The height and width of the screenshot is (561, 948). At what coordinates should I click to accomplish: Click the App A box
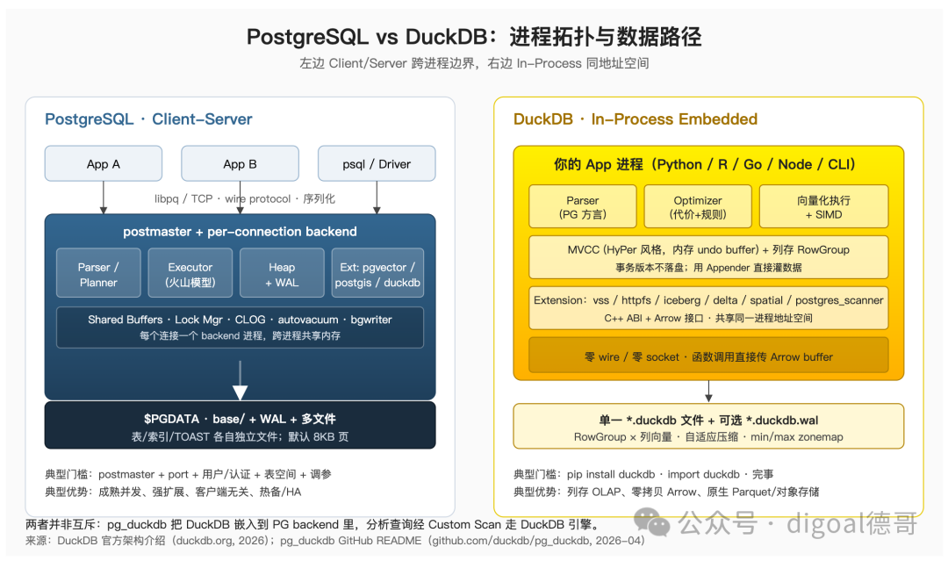[x=104, y=163]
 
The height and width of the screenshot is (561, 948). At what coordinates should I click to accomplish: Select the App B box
[x=240, y=163]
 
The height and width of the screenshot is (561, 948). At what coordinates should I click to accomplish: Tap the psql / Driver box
[x=377, y=163]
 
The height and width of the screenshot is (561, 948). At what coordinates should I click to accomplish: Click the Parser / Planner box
[x=98, y=273]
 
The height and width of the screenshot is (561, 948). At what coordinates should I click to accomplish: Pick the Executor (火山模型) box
[x=190, y=273]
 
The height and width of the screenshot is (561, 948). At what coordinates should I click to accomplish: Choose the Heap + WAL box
[x=282, y=273]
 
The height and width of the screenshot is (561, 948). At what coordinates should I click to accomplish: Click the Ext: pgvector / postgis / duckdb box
[x=377, y=273]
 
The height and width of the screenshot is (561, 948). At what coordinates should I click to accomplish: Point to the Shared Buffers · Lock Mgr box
[x=240, y=327]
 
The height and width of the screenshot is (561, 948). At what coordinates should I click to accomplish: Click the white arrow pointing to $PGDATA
[x=240, y=381]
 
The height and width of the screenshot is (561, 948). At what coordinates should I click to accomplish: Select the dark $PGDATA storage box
[x=240, y=425]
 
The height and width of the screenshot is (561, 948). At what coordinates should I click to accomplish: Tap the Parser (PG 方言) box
[x=582, y=206]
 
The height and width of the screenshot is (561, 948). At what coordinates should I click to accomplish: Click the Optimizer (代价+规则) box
[x=698, y=206]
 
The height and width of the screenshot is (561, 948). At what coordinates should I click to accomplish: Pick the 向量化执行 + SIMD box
[x=823, y=206]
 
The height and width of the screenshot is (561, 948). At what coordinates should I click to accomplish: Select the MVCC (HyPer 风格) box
[x=708, y=257]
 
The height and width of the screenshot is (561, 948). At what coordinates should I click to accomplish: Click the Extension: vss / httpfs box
[x=708, y=307]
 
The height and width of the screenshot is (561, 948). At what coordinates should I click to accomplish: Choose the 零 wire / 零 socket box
[x=708, y=356]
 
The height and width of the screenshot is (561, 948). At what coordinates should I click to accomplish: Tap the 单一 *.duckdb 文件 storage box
[x=708, y=426]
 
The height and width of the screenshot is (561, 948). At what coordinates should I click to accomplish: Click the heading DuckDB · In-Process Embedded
[x=635, y=119]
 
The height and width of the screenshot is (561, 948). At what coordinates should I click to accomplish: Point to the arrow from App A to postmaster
[x=104, y=198]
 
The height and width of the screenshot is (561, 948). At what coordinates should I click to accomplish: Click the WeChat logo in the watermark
[x=651, y=522]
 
